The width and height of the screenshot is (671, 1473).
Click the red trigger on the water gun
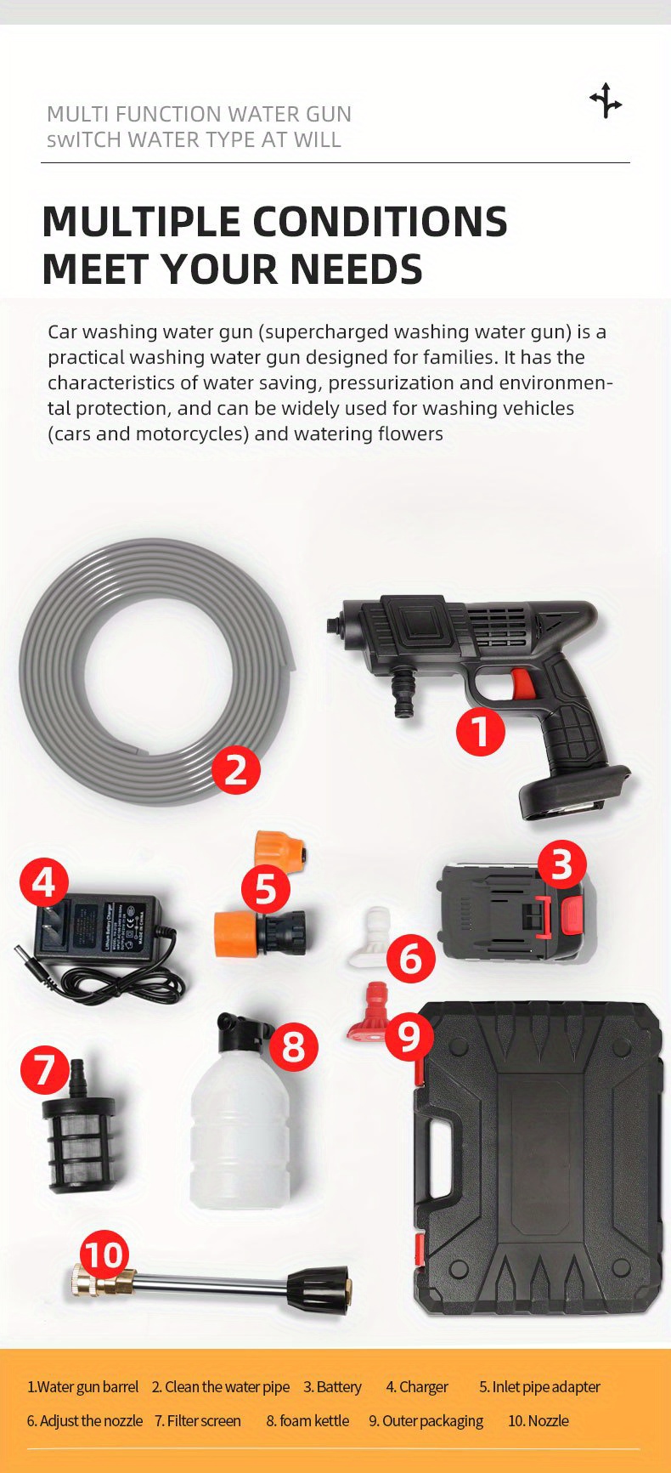pos(522,684)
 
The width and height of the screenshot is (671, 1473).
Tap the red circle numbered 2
pos(235,770)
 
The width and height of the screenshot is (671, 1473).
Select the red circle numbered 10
pos(104,1255)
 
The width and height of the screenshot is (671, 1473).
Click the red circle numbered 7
pos(44,1070)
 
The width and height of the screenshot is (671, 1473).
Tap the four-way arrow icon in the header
pos(606,100)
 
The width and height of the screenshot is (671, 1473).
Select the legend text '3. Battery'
pos(333,1386)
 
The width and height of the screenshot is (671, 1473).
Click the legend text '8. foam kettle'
pos(307,1420)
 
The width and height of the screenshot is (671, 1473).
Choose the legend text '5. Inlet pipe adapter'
pos(539,1386)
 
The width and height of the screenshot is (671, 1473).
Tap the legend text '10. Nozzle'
pos(538,1420)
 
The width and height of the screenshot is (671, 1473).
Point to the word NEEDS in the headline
pos(356,269)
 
